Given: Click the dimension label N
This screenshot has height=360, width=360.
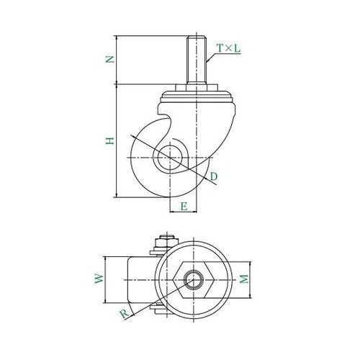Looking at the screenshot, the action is (110, 59).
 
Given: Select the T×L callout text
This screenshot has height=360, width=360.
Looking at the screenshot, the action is (228, 48).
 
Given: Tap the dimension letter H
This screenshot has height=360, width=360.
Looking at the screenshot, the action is (109, 141).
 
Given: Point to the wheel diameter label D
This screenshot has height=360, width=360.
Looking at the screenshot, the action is (213, 176).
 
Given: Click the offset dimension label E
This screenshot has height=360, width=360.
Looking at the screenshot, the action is (184, 207).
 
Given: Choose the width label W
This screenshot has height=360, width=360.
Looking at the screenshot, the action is (99, 279).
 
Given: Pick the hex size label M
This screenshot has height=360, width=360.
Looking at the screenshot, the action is (244, 279).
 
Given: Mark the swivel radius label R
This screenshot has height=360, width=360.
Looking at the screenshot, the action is (125, 314).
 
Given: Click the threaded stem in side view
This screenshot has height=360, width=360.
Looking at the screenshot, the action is (197, 60).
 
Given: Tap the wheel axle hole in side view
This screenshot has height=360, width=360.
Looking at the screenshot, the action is (170, 158).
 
